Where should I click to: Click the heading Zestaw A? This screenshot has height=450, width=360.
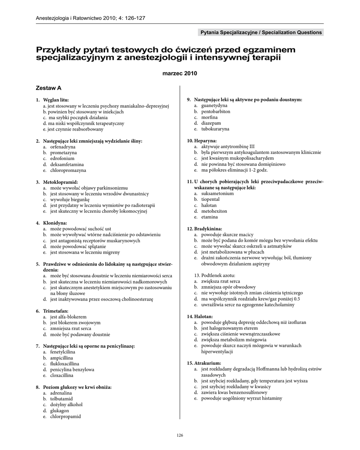(x=49, y=88)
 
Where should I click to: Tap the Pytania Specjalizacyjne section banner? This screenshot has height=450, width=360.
(x=261, y=33)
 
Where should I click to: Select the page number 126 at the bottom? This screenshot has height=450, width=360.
(x=179, y=435)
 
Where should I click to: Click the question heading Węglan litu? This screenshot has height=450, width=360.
(x=56, y=100)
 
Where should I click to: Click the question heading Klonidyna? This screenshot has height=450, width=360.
(x=55, y=223)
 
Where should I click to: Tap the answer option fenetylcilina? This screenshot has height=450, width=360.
(x=62, y=352)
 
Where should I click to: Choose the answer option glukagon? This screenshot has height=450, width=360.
(x=60, y=410)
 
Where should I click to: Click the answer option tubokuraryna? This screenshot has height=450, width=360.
(x=215, y=129)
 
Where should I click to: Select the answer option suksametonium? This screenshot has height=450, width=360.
(x=217, y=193)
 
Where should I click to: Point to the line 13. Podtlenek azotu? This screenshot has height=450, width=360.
(x=213, y=275)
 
